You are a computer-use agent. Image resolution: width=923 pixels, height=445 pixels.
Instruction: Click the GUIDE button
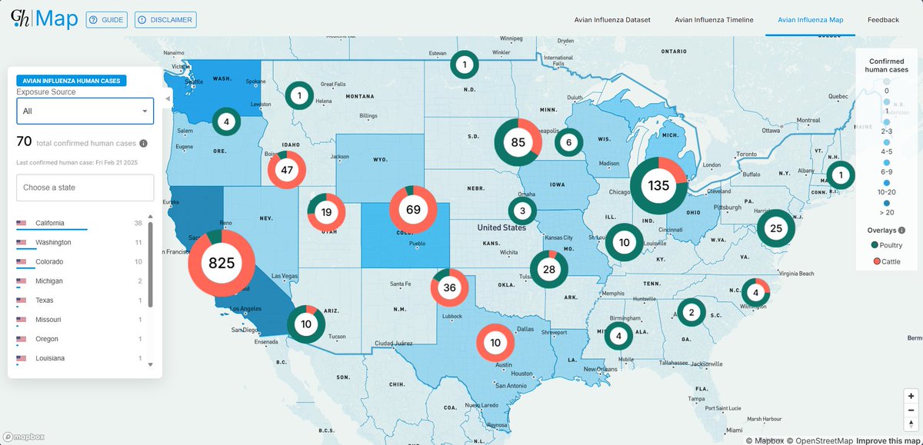pos(107,20)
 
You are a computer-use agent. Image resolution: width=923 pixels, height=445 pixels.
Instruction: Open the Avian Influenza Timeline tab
pos(714,20)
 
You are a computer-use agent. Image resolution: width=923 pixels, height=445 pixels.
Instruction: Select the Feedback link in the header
pos(883,20)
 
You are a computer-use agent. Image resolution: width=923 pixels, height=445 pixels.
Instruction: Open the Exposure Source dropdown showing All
pos(85,111)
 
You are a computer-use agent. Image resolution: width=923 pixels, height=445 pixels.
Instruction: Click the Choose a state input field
pos(85,188)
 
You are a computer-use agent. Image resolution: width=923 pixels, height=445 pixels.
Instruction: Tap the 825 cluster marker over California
pos(222,264)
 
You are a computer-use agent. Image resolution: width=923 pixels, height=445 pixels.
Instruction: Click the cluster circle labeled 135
pos(659,185)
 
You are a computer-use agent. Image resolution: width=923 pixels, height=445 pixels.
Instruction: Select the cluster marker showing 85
pos(518,142)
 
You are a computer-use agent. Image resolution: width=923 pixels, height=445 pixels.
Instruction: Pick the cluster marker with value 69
pos(413,210)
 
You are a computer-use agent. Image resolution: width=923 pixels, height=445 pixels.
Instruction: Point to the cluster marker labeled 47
pos(287,171)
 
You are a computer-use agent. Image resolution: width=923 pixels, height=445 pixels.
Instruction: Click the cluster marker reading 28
pos(548,270)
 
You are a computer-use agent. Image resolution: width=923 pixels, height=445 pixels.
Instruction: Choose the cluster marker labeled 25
pos(775,228)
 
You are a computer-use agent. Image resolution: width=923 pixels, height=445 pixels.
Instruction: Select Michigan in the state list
pos(49,281)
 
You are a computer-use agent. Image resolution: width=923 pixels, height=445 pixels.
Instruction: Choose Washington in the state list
pos(53,243)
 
